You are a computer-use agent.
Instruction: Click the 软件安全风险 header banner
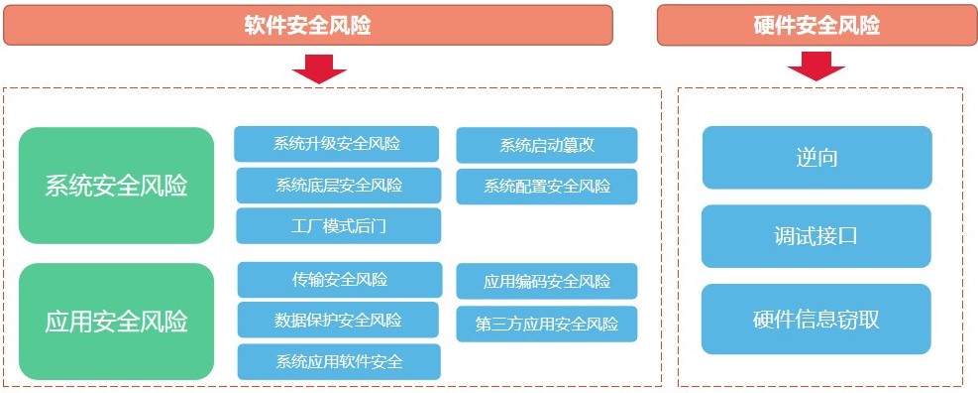[x=308, y=25]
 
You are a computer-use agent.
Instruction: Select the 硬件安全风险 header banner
[x=816, y=25]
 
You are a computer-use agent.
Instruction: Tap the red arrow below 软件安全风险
[x=319, y=68]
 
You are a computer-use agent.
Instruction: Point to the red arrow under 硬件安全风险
[x=815, y=65]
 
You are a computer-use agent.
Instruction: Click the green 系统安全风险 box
[x=117, y=186]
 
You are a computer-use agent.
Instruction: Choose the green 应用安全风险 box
[x=117, y=322]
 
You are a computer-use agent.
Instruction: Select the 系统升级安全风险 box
[x=337, y=144]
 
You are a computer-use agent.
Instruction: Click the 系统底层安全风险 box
[x=339, y=186]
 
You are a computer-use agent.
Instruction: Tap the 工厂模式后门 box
[x=339, y=225]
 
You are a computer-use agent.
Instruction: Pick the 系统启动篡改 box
[x=547, y=146]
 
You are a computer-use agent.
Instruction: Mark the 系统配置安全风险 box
[x=547, y=187]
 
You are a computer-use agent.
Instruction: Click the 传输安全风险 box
[x=340, y=279]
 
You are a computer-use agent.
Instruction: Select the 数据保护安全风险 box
[x=340, y=321]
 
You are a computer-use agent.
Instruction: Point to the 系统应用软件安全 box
[x=339, y=362]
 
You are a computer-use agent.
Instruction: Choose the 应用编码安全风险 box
[x=547, y=281]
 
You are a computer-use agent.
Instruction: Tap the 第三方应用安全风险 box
[x=547, y=325]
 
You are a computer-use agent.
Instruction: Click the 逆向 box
[x=817, y=158]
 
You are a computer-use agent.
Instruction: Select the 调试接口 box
[x=816, y=236]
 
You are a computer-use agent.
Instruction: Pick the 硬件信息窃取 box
[x=816, y=320]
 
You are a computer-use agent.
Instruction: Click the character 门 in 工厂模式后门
[x=378, y=226]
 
